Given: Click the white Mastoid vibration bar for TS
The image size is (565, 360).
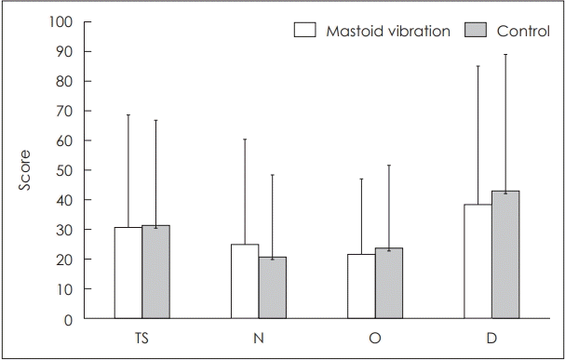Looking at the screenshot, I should pyautogui.click(x=128, y=273).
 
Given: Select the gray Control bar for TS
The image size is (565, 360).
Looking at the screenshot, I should pyautogui.click(x=155, y=273).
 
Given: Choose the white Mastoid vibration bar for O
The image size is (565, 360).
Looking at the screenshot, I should pyautogui.click(x=361, y=287).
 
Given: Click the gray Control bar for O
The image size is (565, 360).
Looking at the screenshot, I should pyautogui.click(x=388, y=284).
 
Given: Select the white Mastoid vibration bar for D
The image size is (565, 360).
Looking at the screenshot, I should pyautogui.click(x=478, y=261).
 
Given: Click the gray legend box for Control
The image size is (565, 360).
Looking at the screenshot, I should pyautogui.click(x=476, y=31).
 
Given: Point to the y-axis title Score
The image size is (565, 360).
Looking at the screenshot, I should pyautogui.click(x=25, y=169).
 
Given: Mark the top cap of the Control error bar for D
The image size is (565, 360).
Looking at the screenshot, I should pyautogui.click(x=505, y=55).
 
